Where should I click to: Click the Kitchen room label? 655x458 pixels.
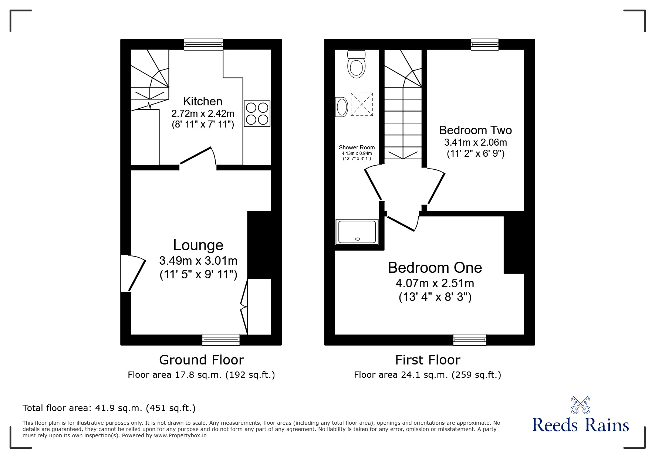click(203, 101)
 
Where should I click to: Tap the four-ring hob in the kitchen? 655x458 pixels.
click(257, 114)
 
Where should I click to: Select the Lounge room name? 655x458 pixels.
click(198, 245)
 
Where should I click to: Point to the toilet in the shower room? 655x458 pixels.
click(357, 64)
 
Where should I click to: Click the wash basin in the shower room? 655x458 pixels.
click(341, 107)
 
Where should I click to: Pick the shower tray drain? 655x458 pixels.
click(357, 239)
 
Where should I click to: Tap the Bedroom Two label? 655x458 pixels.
click(475, 130)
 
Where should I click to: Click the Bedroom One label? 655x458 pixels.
click(435, 268)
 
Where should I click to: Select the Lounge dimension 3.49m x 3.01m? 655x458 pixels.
click(198, 261)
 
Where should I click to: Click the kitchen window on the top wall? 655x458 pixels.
click(204, 44)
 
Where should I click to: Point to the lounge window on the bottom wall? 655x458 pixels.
click(221, 339)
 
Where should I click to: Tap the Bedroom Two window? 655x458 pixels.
click(485, 44)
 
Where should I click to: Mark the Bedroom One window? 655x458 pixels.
click(470, 339)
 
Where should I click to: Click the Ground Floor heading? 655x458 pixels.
click(202, 360)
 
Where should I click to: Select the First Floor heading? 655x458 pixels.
click(428, 360)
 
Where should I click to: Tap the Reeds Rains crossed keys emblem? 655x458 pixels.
click(580, 405)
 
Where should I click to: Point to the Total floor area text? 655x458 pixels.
click(109, 408)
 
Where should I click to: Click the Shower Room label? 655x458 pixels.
click(357, 147)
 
